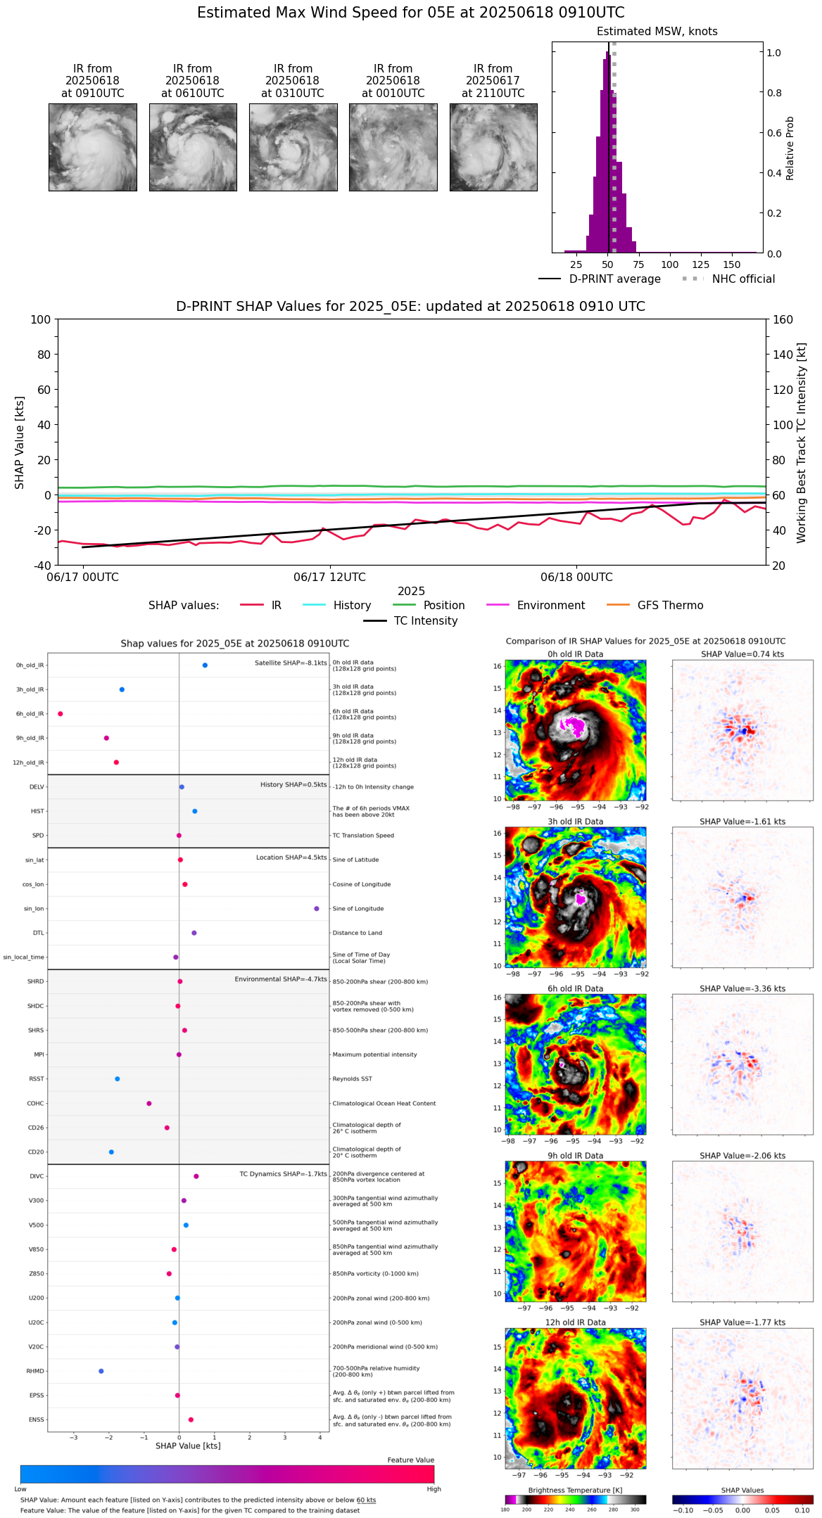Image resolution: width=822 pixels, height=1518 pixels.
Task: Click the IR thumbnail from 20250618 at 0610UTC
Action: [193, 147]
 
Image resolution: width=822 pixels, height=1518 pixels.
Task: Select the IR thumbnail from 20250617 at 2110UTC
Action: [493, 147]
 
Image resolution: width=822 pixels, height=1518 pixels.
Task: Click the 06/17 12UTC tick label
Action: [329, 578]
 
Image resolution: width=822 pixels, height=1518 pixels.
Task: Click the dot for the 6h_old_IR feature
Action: [61, 714]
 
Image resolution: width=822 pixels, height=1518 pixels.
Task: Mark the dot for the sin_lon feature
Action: [317, 909]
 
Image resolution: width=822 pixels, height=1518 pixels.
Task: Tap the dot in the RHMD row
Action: [101, 1371]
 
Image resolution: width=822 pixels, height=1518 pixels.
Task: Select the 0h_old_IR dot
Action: [205, 665]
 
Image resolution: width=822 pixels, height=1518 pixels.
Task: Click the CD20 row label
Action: [36, 1152]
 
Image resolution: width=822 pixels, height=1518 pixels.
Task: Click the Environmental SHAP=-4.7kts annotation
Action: [281, 979]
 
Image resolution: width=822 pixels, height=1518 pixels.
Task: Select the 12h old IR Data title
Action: [575, 1322]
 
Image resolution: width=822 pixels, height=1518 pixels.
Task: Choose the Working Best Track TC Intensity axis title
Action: [802, 443]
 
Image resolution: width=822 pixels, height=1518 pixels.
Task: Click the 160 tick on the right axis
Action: [783, 320]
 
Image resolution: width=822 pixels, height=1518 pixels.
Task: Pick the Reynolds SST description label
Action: [352, 1079]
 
